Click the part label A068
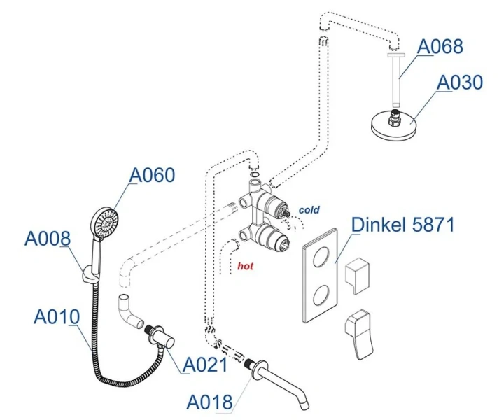(x=440, y=47)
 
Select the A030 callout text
(x=460, y=83)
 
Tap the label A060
(x=153, y=175)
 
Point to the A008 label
(x=48, y=239)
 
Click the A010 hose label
(x=57, y=317)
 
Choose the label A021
(x=205, y=365)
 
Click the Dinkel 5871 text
(x=402, y=225)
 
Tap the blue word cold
(x=309, y=209)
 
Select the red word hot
(x=245, y=266)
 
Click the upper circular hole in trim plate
(x=320, y=256)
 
